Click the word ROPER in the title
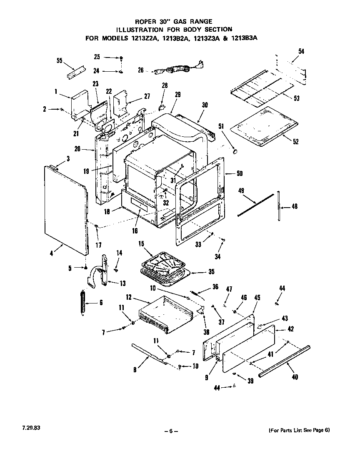(x=143, y=21)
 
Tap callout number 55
(x=59, y=61)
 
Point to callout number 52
(x=296, y=141)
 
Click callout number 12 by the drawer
(x=129, y=297)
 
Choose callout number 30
(x=205, y=106)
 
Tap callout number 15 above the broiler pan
(x=141, y=243)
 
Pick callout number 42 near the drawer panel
(x=291, y=329)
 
